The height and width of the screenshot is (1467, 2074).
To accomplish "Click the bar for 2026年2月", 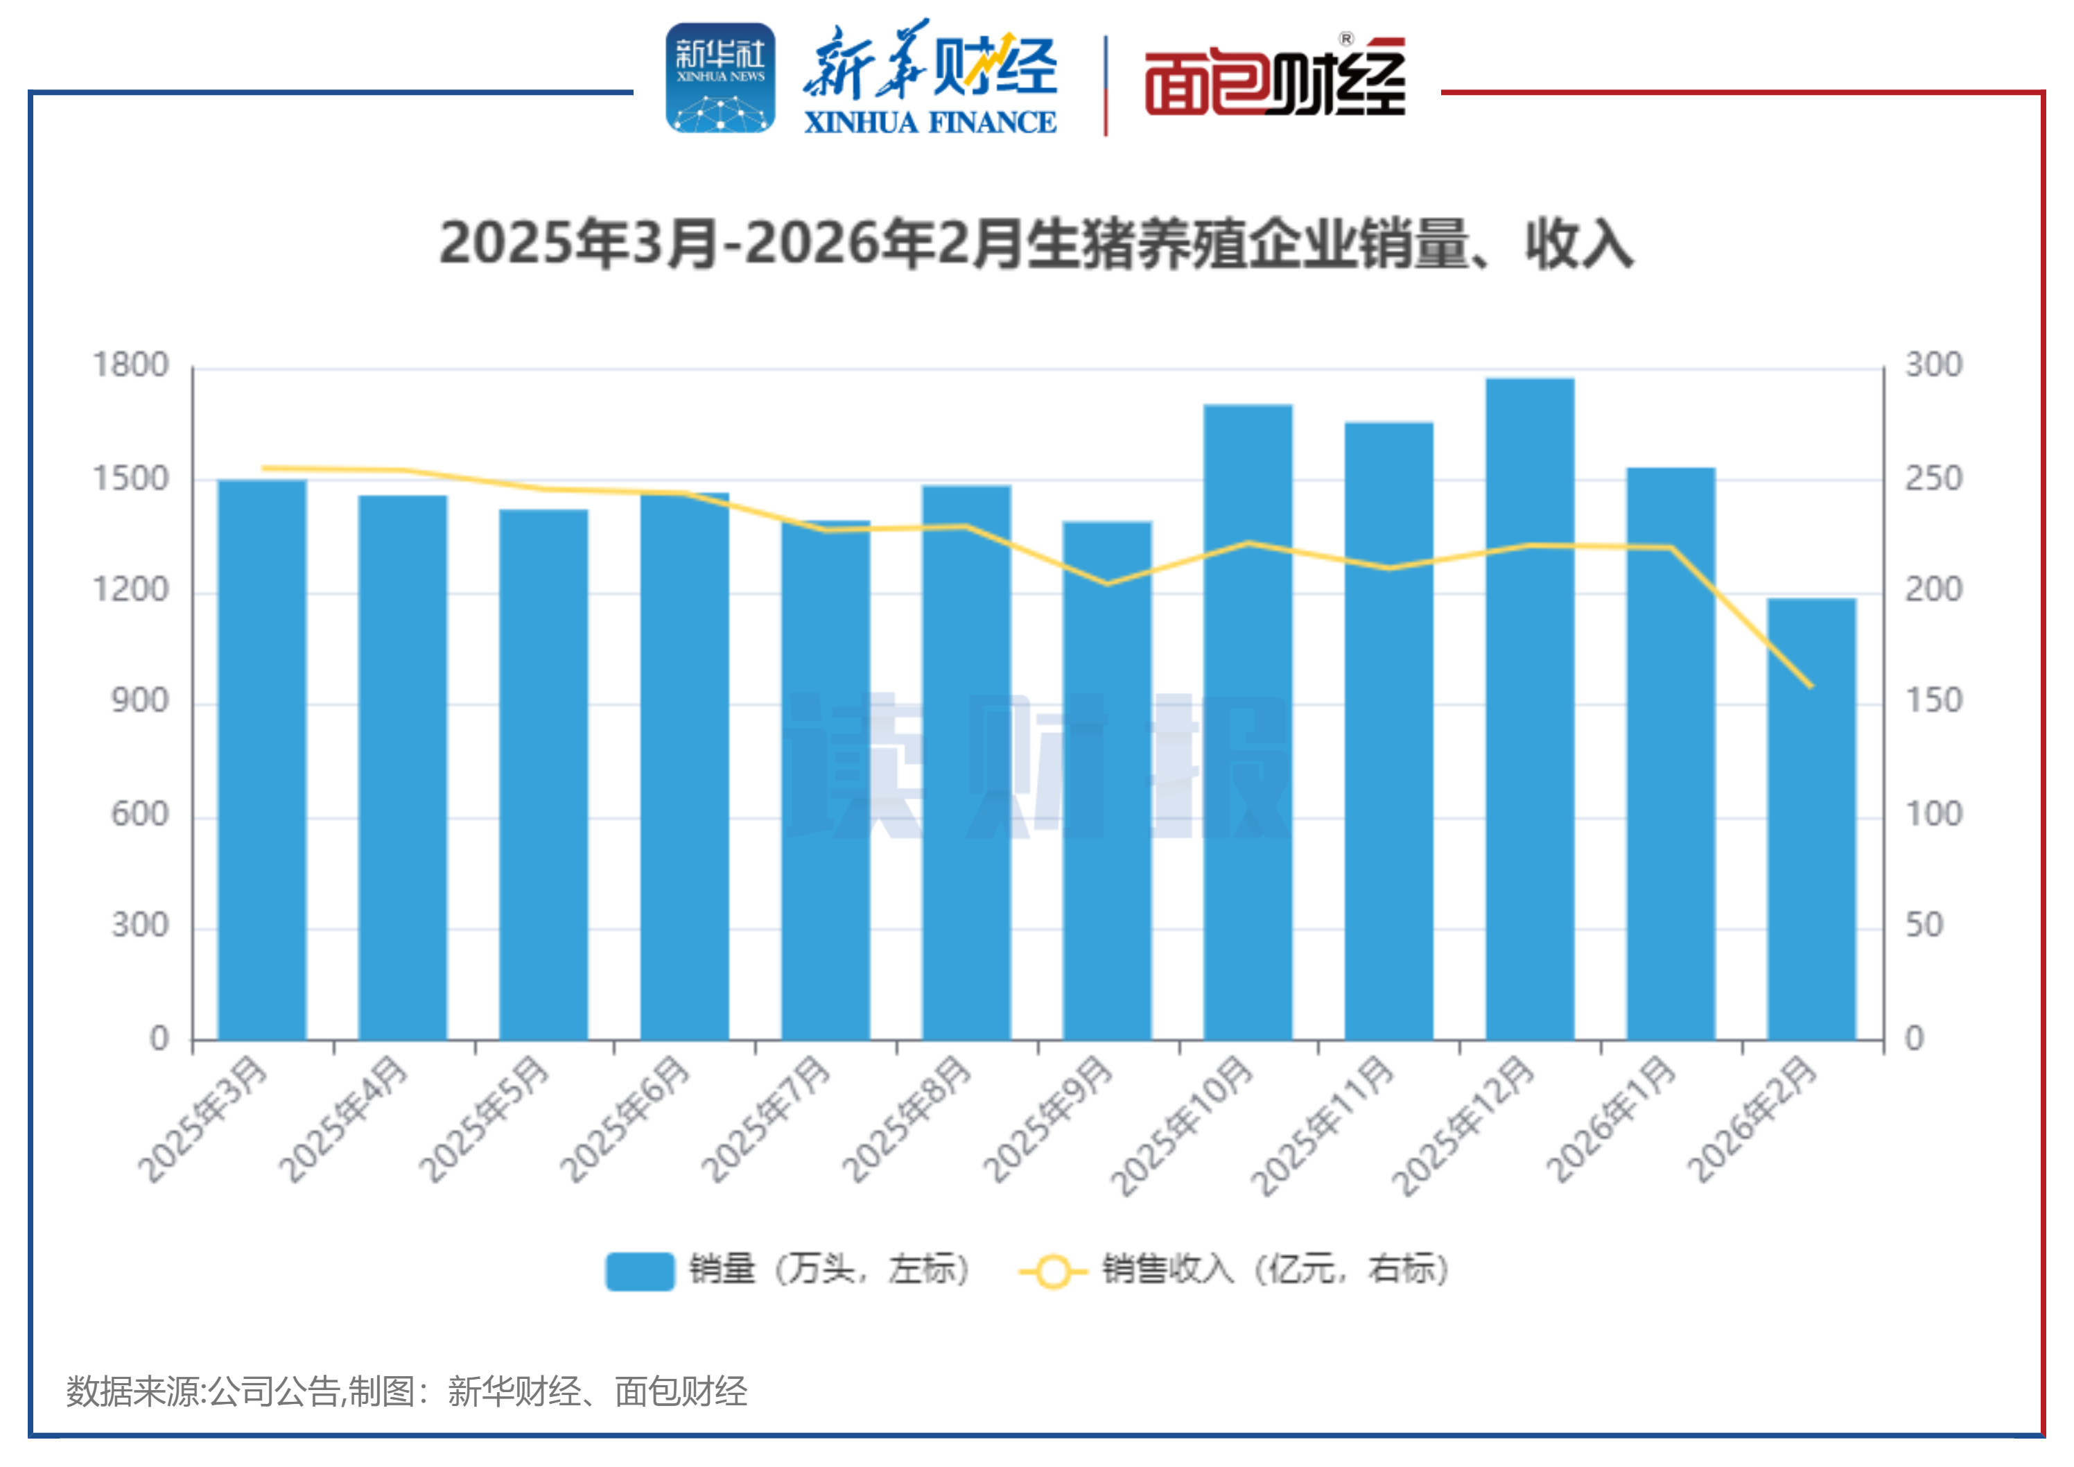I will pyautogui.click(x=1811, y=818).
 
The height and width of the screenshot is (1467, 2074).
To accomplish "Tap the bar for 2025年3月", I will pyautogui.click(x=262, y=758).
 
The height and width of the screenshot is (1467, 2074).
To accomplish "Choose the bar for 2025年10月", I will pyautogui.click(x=1248, y=722).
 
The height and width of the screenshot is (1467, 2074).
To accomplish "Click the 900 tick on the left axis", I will pyautogui.click(x=140, y=701).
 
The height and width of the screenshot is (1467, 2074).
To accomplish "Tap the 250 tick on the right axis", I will pyautogui.click(x=1933, y=479).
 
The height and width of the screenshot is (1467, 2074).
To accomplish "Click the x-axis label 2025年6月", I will pyautogui.click(x=625, y=1120).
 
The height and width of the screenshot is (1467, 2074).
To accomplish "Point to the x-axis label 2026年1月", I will pyautogui.click(x=1612, y=1120).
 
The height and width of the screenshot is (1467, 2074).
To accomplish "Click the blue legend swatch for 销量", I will pyautogui.click(x=640, y=1271).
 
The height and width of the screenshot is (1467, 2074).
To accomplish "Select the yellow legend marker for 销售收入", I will pyautogui.click(x=1052, y=1271).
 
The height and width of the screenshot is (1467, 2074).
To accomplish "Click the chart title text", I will pyautogui.click(x=1036, y=244).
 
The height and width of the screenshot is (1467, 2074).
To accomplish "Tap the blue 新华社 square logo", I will pyautogui.click(x=720, y=78).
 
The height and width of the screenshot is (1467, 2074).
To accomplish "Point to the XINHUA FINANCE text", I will pyautogui.click(x=930, y=122).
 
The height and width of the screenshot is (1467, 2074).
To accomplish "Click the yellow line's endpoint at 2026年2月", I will pyautogui.click(x=1810, y=686).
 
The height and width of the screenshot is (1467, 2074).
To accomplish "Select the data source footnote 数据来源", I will pyautogui.click(x=406, y=1391).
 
